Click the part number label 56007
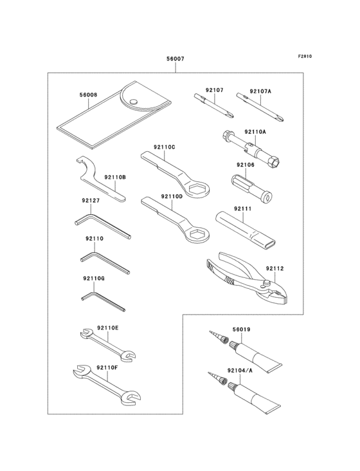coord(175,59)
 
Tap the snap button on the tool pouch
coord(133,100)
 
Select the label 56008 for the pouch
coord(88,95)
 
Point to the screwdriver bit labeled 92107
coord(213,106)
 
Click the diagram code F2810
coord(304,56)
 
